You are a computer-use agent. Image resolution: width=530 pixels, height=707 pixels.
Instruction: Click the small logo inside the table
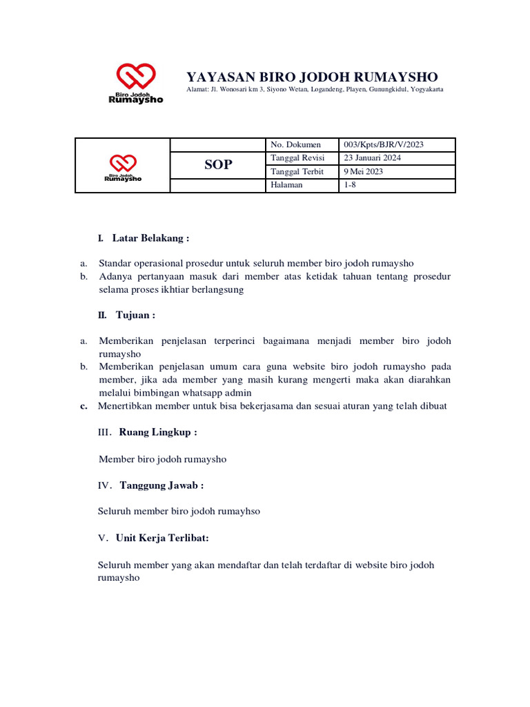tap(123, 164)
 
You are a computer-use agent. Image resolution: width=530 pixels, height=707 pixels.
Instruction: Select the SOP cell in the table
tap(218, 165)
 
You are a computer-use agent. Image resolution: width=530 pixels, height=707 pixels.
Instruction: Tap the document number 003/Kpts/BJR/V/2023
tap(384, 144)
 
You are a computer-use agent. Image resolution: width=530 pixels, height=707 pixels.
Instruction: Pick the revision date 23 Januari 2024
tap(373, 158)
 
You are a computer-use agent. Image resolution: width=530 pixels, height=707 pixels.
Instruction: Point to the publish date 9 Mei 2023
tap(363, 172)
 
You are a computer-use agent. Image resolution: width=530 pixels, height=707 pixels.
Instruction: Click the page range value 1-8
tap(350, 185)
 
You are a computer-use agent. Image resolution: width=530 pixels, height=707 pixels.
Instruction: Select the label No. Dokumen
tap(296, 144)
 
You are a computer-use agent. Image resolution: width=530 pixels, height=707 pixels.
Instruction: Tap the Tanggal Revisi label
tap(297, 158)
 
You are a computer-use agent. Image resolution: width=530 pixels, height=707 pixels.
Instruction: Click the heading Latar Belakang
tap(150, 238)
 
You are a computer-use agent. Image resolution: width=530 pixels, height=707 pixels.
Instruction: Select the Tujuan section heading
tap(135, 315)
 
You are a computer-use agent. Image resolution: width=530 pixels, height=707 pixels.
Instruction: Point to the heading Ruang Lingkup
tap(158, 432)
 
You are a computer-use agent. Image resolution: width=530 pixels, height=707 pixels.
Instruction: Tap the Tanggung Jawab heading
tap(161, 485)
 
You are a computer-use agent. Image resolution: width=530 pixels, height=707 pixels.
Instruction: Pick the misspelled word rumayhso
tap(237, 512)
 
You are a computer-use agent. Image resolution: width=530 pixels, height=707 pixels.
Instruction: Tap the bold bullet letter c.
tap(84, 406)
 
